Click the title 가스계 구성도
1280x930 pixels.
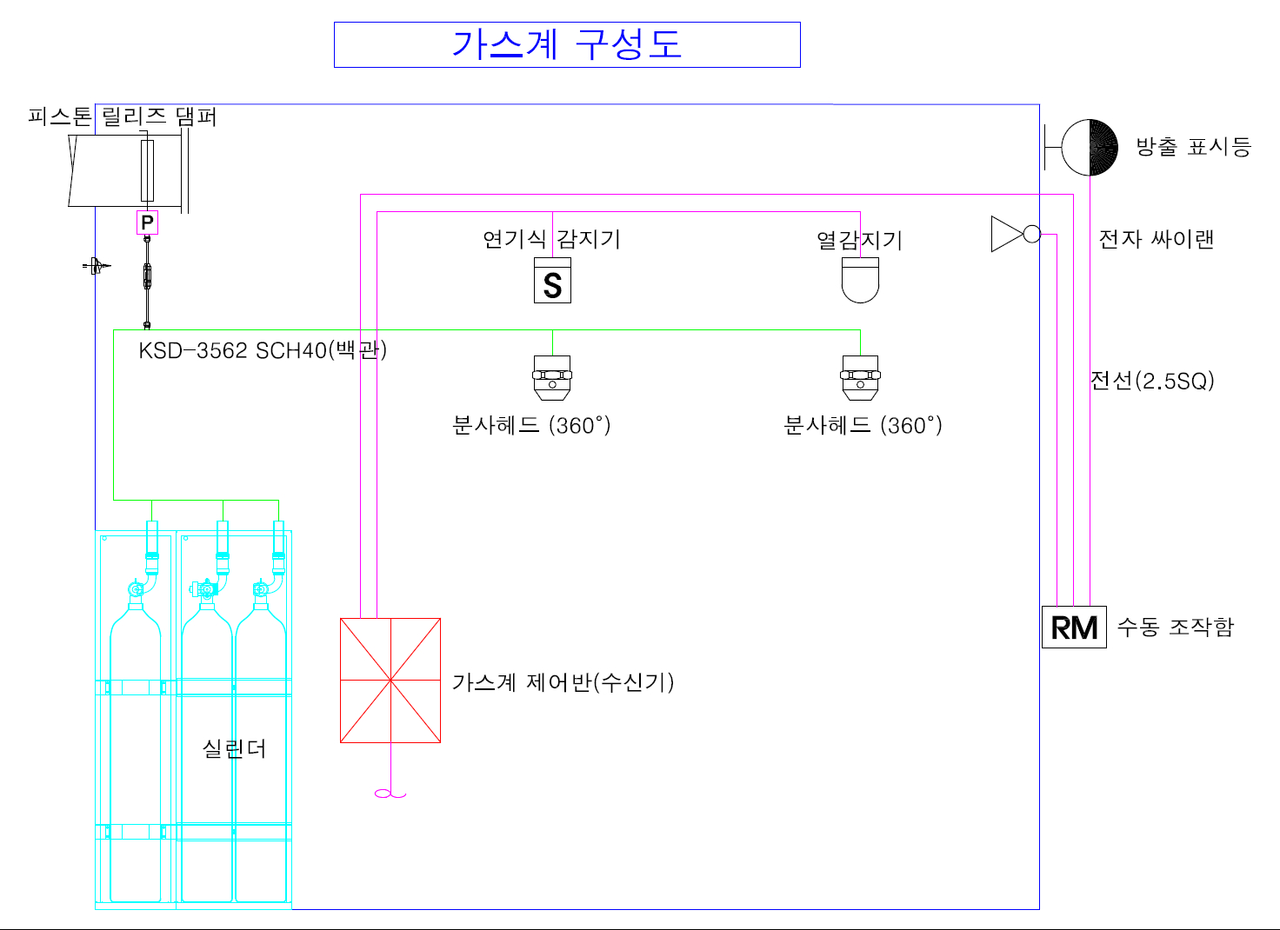coord(567,44)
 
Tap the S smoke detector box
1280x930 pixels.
coord(552,282)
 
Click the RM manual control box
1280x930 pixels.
coord(1074,627)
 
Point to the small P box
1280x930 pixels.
coord(147,223)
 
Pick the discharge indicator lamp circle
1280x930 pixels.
coord(1090,147)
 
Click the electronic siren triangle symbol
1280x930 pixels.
coord(1008,234)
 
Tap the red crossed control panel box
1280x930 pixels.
coord(390,681)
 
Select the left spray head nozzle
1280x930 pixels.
coord(552,378)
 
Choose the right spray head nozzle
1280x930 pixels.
coord(860,378)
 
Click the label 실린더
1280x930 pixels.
coord(234,748)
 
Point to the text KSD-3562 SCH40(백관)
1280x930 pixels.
coord(263,350)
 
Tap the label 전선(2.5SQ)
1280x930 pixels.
coord(1152,381)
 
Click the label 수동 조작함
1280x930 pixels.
coord(1175,627)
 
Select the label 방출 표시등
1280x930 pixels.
coord(1193,147)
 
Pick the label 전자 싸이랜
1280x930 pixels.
coord(1156,239)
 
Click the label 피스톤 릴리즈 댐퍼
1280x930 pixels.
coord(122,116)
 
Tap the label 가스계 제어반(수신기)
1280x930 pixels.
coord(563,682)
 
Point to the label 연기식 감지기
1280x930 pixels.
coord(551,239)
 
